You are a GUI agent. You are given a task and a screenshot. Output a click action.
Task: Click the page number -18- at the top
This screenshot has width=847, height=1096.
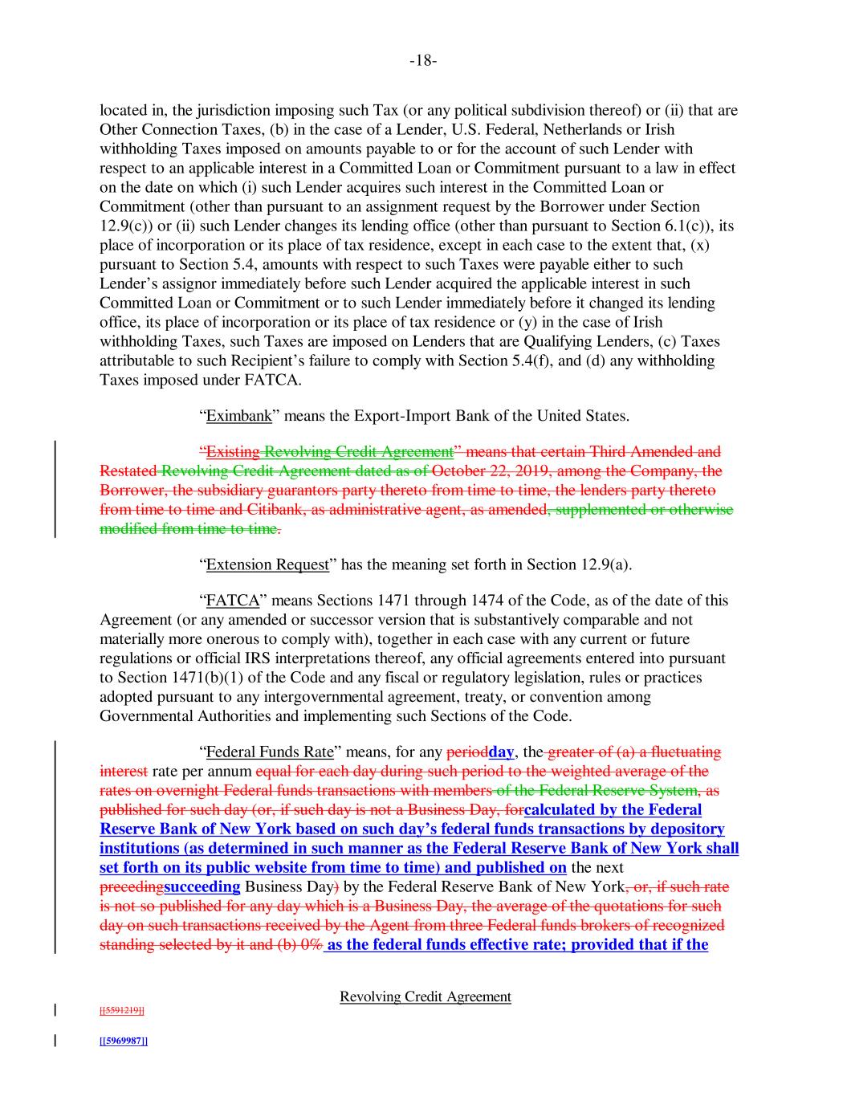tap(423, 61)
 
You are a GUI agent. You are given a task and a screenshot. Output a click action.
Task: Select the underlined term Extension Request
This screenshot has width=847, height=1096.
tap(267, 564)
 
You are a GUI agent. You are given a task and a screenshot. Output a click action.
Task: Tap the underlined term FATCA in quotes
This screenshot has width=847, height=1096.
tap(227, 601)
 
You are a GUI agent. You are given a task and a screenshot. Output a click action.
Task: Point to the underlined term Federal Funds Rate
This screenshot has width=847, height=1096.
tap(269, 752)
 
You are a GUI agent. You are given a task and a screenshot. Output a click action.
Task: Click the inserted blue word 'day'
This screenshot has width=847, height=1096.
tap(501, 752)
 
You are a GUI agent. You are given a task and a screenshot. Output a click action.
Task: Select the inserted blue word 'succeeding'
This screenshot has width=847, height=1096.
tap(202, 886)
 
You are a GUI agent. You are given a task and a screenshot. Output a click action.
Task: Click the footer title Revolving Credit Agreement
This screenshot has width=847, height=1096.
tap(426, 996)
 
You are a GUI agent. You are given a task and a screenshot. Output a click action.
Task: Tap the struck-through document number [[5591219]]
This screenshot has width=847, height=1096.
tap(122, 1011)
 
